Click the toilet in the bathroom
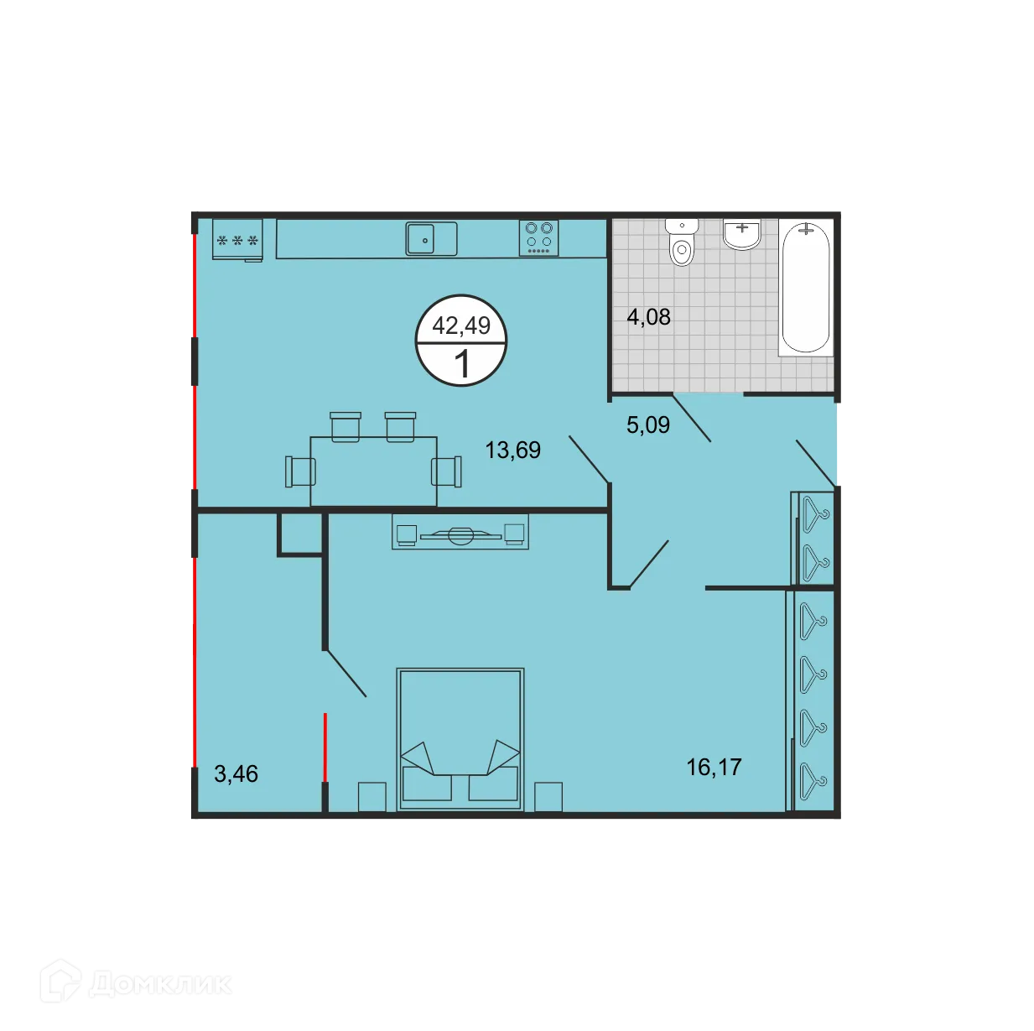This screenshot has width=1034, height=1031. pyautogui.click(x=682, y=243)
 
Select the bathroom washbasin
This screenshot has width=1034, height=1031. pyautogui.click(x=742, y=235)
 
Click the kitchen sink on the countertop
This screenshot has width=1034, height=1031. pyautogui.click(x=431, y=238)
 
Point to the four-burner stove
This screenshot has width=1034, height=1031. pyautogui.click(x=538, y=238)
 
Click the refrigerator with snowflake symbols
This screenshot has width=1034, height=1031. pyautogui.click(x=237, y=240)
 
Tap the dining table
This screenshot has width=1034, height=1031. pyautogui.click(x=373, y=471)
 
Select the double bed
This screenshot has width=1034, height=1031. pyautogui.click(x=460, y=739)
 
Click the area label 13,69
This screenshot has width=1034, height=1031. pyautogui.click(x=512, y=450)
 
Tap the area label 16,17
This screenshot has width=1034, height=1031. pyautogui.click(x=714, y=767)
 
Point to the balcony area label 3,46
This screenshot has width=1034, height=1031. pyautogui.click(x=236, y=773)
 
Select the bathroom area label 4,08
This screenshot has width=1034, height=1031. pyautogui.click(x=648, y=317)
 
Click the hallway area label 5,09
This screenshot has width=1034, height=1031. pyautogui.click(x=648, y=424)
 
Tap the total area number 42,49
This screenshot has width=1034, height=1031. pyautogui.click(x=461, y=325)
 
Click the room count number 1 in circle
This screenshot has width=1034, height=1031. pyautogui.click(x=461, y=365)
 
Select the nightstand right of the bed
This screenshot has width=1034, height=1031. pyautogui.click(x=548, y=796)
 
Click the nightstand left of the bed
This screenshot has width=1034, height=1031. pyautogui.click(x=372, y=796)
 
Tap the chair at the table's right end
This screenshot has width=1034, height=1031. pyautogui.click(x=447, y=471)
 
